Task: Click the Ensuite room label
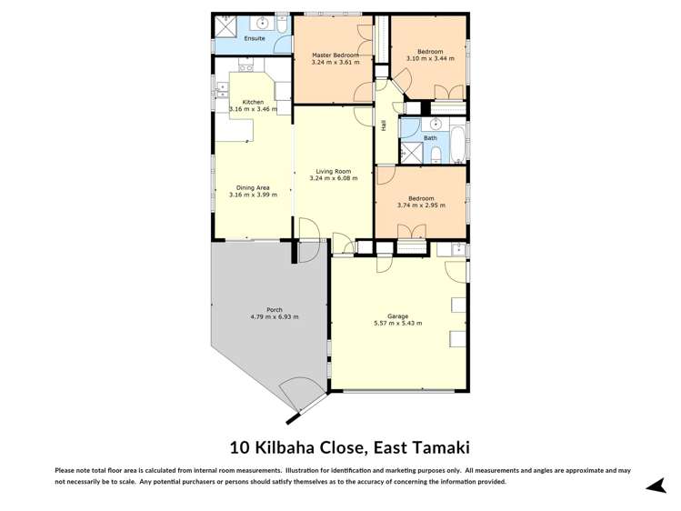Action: [x=255, y=38]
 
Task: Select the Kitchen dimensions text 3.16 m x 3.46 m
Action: [x=246, y=109]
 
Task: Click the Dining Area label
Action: [x=253, y=187]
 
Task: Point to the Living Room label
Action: [x=334, y=171]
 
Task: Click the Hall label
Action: [x=384, y=125]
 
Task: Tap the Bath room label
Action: [x=430, y=138]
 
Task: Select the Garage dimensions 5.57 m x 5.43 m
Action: [x=397, y=323]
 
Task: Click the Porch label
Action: [x=275, y=309]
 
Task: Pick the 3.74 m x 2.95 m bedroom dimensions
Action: [x=421, y=205]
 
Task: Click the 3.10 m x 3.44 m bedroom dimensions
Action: [x=430, y=58]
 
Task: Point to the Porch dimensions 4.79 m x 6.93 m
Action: [x=275, y=316]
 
